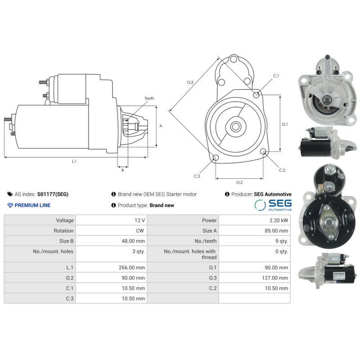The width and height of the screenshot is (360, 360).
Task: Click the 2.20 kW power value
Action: pos(279,220)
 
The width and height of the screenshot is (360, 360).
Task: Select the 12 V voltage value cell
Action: pos(139,220)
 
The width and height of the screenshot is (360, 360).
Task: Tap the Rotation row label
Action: pos(63,231)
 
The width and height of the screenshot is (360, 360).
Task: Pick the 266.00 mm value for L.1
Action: pos(133,267)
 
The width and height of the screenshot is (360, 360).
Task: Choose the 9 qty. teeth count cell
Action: pos(280,241)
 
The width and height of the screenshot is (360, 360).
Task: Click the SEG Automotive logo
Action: pos(273,205)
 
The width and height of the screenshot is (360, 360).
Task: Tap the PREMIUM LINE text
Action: pos(32,205)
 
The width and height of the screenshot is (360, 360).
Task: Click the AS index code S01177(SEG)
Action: pos(53,194)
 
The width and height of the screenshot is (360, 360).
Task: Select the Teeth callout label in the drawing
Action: pos(149,98)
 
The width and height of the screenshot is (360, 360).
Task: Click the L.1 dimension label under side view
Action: pos(74,161)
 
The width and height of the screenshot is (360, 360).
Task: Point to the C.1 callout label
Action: pos(276,76)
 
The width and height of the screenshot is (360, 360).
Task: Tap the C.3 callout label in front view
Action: pos(197,176)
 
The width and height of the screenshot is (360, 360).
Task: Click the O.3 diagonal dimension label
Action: pos(190,82)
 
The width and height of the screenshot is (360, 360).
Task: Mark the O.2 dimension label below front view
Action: pos(239,182)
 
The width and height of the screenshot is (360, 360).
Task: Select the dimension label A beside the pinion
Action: pos(161,126)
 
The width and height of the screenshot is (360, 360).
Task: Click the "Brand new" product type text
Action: pos(162,205)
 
